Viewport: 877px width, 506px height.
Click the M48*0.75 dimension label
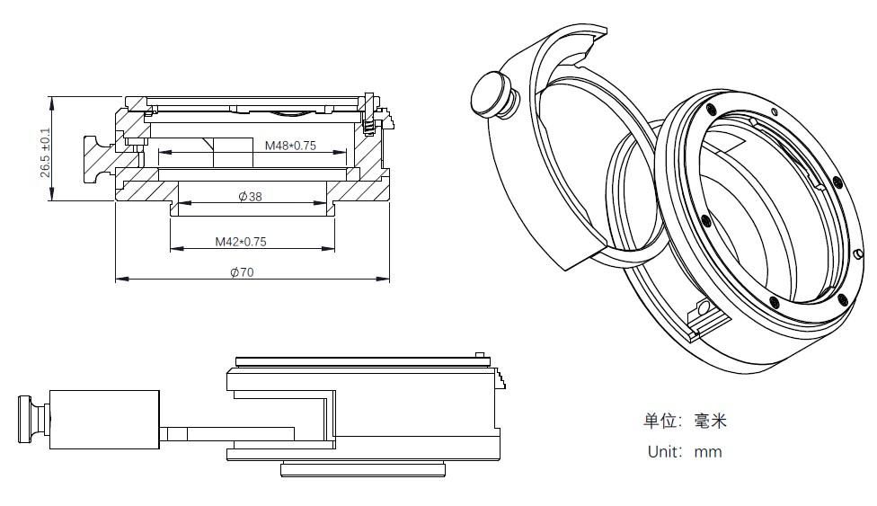[290, 146]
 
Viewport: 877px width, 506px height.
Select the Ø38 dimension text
[250, 197]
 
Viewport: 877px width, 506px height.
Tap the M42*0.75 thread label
[240, 241]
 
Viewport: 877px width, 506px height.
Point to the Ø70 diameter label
[241, 272]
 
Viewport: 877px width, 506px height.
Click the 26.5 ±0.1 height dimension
[45, 151]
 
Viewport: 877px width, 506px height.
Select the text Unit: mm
[684, 451]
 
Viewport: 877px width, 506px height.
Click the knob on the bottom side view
[31, 418]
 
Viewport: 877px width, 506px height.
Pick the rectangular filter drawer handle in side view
[104, 420]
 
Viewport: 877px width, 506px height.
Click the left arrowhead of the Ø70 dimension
[119, 279]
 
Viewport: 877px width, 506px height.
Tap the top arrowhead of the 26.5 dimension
[53, 100]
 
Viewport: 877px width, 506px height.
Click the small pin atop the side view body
[480, 354]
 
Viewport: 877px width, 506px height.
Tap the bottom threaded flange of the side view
[364, 468]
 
